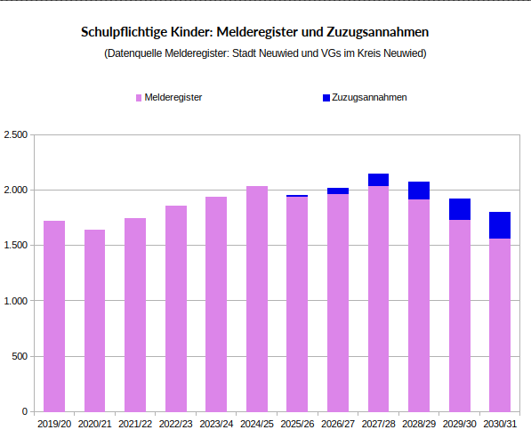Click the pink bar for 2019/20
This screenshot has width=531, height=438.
pyautogui.click(x=54, y=316)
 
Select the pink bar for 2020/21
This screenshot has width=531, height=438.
pyautogui.click(x=95, y=320)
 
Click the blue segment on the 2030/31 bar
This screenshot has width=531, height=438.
pyautogui.click(x=500, y=225)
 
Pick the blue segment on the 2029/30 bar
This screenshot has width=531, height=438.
pyautogui.click(x=460, y=209)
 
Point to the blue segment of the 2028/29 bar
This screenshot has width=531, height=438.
pyautogui.click(x=419, y=191)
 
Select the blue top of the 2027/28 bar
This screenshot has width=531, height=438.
pyautogui.click(x=379, y=180)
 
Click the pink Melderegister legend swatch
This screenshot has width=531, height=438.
pyautogui.click(x=138, y=97)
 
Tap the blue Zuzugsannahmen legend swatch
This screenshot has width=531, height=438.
pyautogui.click(x=326, y=97)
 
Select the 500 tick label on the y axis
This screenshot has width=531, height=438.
pyautogui.click(x=20, y=356)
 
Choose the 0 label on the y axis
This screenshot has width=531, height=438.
pyautogui.click(x=25, y=412)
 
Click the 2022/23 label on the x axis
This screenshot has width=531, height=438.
pyautogui.click(x=175, y=425)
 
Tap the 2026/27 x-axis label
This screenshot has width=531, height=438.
pyautogui.click(x=338, y=425)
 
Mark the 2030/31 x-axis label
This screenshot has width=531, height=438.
pyautogui.click(x=500, y=425)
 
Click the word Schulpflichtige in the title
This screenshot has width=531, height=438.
pyautogui.click(x=124, y=32)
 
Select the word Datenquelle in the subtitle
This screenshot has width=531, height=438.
pyautogui.click(x=134, y=53)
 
